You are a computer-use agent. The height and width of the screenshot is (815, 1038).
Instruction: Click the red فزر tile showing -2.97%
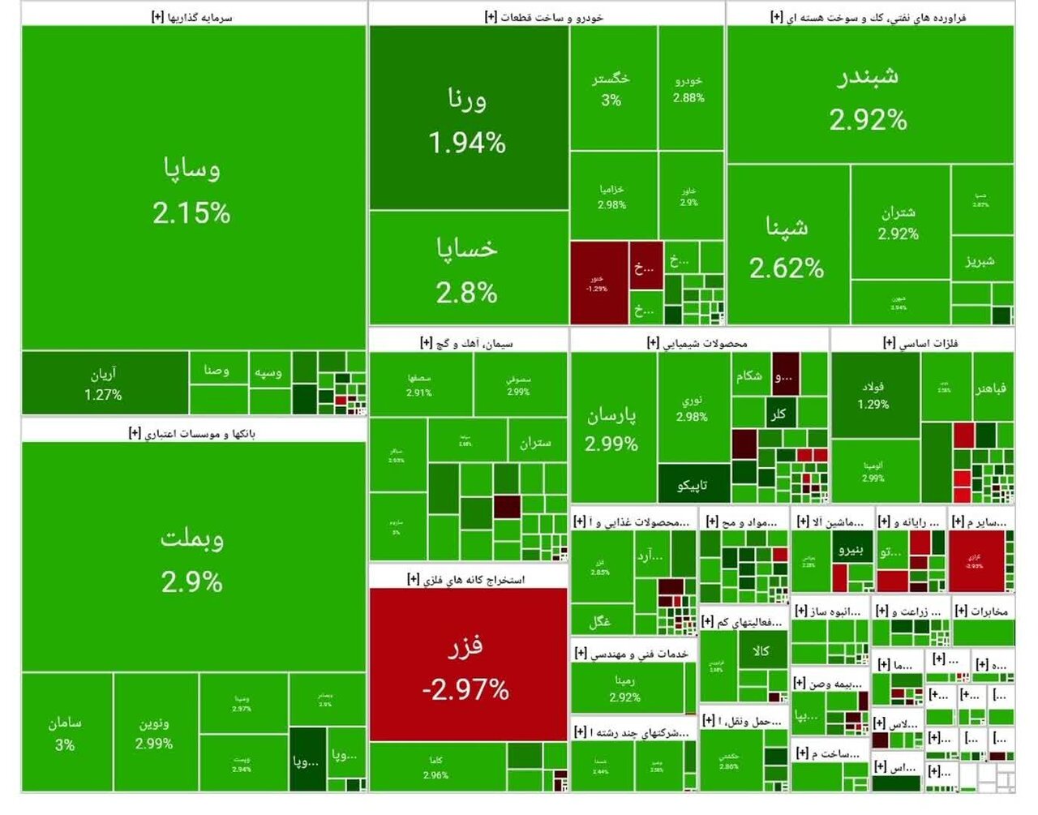tap(468, 665)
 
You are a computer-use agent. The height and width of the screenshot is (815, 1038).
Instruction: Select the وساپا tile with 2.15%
tap(192, 188)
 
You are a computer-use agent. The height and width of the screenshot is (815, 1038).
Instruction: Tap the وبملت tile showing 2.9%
tap(192, 558)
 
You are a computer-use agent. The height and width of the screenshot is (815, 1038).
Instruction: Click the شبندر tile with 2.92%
tap(869, 96)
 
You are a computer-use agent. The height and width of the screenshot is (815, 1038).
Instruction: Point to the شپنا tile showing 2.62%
tap(787, 245)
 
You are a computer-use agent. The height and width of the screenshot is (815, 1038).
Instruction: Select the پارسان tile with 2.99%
tap(612, 428)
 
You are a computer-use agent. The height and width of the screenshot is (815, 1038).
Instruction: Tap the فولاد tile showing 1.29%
tap(874, 395)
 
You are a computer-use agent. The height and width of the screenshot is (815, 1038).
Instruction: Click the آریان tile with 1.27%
tap(104, 384)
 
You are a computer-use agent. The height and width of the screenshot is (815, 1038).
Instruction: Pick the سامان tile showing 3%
tap(66, 732)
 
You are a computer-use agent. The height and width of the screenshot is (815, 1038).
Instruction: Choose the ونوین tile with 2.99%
tap(155, 732)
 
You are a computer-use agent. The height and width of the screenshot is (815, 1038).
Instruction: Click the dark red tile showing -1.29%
tap(598, 283)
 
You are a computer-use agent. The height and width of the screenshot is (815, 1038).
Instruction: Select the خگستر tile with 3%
tap(612, 88)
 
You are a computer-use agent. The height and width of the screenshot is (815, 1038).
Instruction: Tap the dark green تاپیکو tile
tap(693, 484)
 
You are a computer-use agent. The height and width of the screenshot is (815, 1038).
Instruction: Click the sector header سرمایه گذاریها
tap(193, 16)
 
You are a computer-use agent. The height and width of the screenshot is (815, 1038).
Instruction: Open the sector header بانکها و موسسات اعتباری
tap(193, 433)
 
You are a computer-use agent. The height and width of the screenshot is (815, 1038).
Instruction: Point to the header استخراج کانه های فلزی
tap(467, 578)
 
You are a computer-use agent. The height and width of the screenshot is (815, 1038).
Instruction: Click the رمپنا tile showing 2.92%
tap(626, 688)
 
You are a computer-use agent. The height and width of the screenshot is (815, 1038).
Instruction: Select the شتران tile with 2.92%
tap(899, 222)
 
